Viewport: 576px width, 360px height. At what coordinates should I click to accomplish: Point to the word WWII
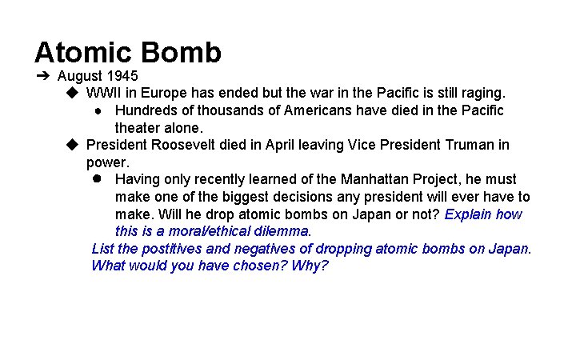pos(105,94)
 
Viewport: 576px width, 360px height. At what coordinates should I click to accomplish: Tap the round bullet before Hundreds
pos(95,110)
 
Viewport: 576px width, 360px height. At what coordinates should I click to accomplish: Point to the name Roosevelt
pos(186,145)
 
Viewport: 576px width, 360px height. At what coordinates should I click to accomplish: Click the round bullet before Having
pos(95,179)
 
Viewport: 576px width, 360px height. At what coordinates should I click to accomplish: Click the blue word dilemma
pos(285,231)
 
